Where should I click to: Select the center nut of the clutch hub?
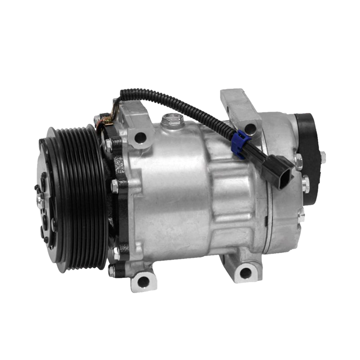click(x=40, y=198)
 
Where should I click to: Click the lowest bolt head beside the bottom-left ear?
click(x=112, y=271)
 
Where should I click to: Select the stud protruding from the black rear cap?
click(x=323, y=157)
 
